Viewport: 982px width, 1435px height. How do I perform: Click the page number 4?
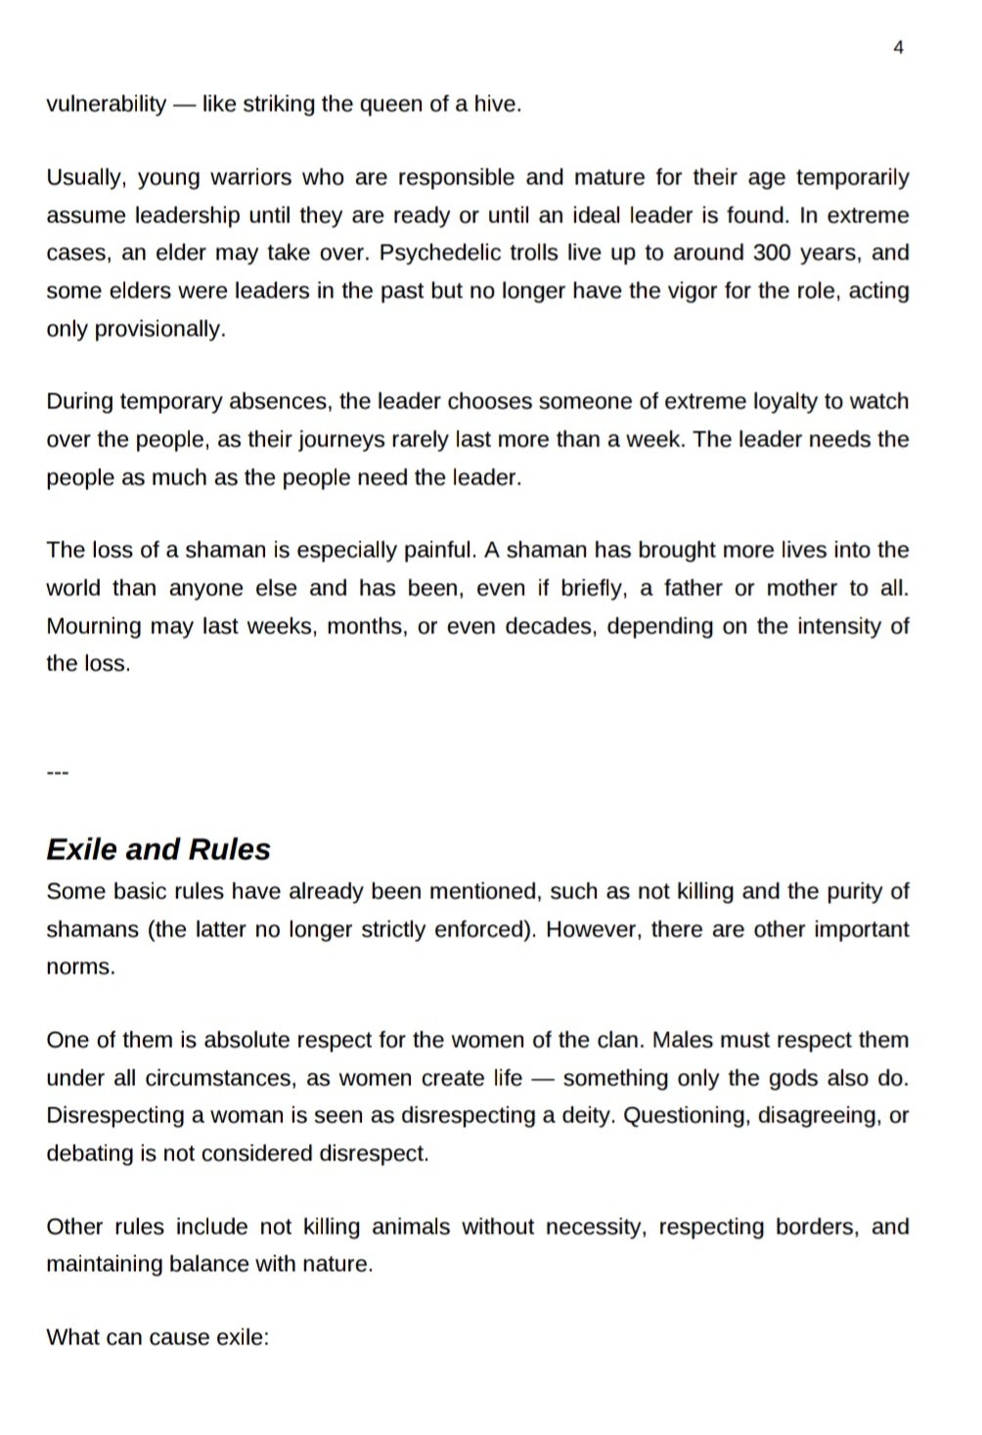pyautogui.click(x=898, y=47)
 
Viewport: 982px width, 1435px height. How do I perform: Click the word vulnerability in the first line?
pyautogui.click(x=106, y=105)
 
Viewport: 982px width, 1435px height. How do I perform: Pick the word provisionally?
pyautogui.click(x=159, y=329)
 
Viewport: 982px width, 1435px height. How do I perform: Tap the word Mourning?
pyautogui.click(x=95, y=626)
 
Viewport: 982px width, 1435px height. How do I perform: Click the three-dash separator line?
pyautogui.click(x=58, y=774)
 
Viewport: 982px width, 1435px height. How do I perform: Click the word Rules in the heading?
pyautogui.click(x=229, y=849)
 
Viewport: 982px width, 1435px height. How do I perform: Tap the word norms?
pyautogui.click(x=80, y=967)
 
